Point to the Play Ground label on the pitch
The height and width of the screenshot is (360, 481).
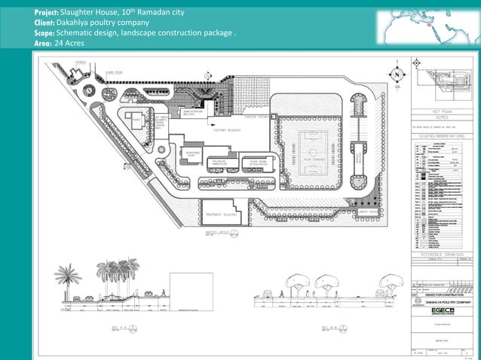point(313,160)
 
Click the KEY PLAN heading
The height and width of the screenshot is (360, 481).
point(442,111)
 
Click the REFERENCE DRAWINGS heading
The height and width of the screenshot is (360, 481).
point(442,255)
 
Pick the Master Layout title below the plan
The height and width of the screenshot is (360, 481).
point(213,233)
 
